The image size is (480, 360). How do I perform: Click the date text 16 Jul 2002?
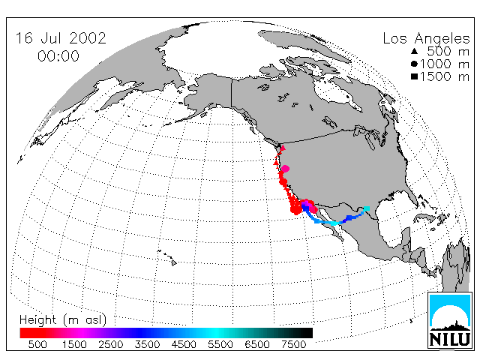(61, 38)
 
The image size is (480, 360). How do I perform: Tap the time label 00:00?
(58, 56)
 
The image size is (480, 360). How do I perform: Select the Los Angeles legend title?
(426, 39)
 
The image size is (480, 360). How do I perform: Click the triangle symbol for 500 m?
(415, 51)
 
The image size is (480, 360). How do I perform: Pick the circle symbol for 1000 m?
(414, 64)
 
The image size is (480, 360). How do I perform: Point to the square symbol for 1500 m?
(415, 76)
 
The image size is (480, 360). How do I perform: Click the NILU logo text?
(450, 339)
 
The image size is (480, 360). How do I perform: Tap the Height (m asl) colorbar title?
(63, 320)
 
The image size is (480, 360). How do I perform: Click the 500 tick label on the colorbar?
(37, 344)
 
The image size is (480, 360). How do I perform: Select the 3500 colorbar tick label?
(147, 344)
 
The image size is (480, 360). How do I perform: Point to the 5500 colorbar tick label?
(220, 344)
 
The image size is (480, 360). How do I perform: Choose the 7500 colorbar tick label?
(293, 344)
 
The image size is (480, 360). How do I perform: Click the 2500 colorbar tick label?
(110, 344)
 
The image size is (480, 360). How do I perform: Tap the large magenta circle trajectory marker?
(285, 168)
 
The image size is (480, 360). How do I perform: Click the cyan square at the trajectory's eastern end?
(367, 208)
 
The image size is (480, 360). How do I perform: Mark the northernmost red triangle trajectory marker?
(283, 148)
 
